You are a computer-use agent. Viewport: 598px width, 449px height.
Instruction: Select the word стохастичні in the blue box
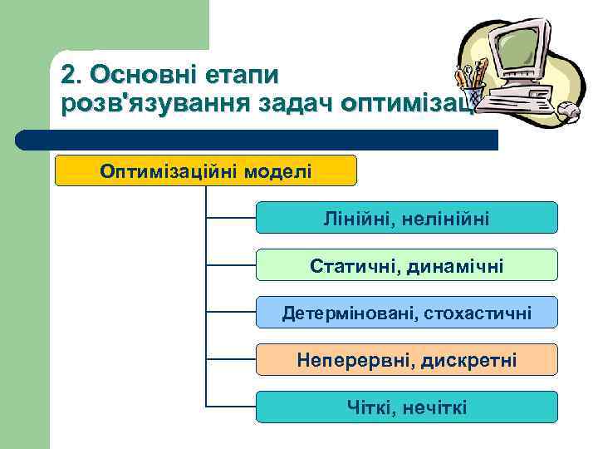pos(478,313)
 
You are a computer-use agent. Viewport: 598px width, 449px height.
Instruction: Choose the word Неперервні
pos(355,361)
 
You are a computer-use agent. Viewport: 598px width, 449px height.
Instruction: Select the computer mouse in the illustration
pos(567,110)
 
